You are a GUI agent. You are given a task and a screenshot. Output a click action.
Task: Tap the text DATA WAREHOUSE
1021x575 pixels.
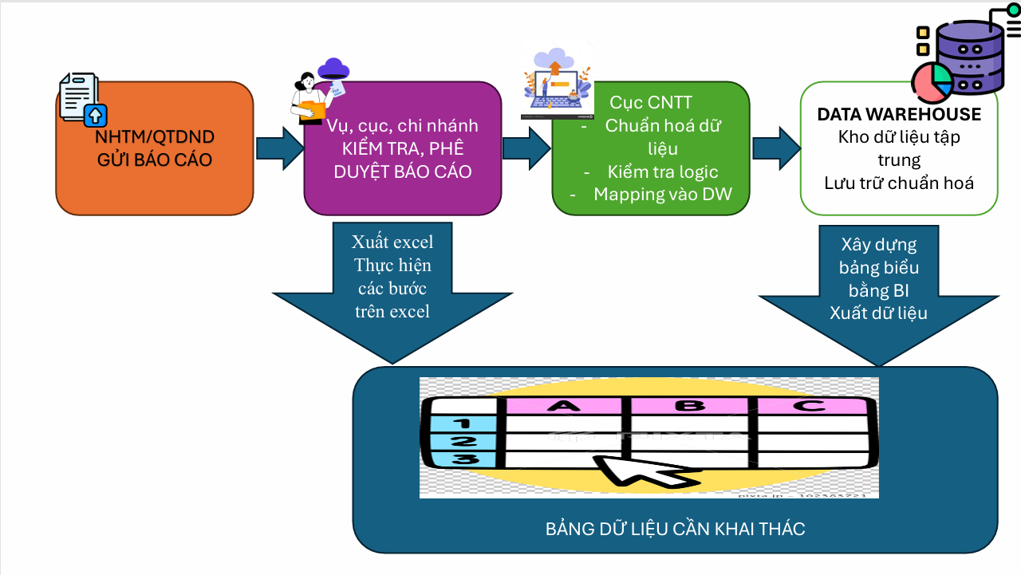pos(899,114)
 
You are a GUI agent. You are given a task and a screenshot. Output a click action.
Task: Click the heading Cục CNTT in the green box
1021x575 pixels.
pos(651,102)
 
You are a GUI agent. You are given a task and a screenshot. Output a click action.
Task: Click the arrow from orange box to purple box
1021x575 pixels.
pos(279,148)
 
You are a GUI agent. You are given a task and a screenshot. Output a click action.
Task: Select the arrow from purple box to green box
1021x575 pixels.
pos(526,148)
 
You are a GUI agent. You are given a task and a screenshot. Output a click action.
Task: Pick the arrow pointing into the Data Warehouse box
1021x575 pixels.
pos(775,148)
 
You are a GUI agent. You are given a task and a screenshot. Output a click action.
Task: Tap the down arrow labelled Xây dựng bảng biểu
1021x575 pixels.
pos(878,295)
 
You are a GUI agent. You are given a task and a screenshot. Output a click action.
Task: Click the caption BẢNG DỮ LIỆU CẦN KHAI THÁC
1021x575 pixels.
pos(675,529)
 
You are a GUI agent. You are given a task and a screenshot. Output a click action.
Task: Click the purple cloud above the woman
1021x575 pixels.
pos(333,68)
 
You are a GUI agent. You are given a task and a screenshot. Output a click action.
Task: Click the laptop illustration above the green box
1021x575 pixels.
pos(556,84)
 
